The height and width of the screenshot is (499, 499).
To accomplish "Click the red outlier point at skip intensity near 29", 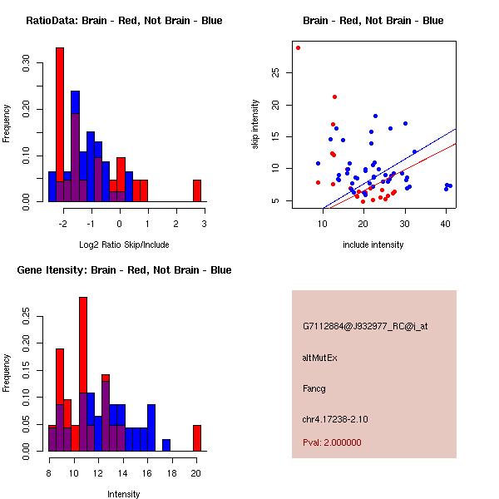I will (x=298, y=47).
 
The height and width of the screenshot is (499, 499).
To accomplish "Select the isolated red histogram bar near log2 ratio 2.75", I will (x=197, y=190).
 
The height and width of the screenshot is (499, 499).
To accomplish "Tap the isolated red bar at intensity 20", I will (x=197, y=437).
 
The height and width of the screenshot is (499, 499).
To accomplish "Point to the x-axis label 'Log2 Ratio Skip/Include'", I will (x=124, y=245).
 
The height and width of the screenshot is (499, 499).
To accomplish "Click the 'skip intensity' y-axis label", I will (x=256, y=125).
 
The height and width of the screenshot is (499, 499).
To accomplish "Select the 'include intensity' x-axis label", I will (x=373, y=245).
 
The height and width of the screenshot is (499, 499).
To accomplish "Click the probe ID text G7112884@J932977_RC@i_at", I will (x=364, y=327).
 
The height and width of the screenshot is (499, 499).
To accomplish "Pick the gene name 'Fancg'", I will (x=314, y=388).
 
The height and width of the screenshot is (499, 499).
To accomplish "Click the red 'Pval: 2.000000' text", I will (x=332, y=442).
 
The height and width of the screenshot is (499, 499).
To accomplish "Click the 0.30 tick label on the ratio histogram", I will (x=27, y=62).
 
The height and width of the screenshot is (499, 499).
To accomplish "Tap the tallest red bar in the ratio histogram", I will (x=60, y=125).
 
